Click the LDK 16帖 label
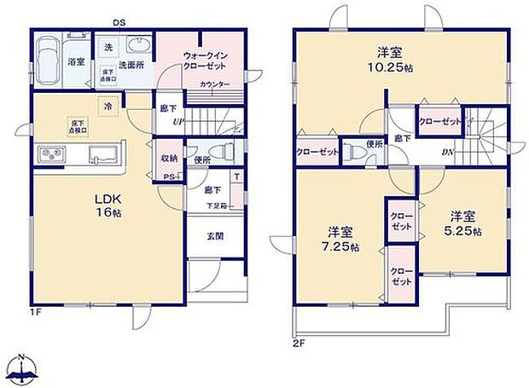tap(108, 206)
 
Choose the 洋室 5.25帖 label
tap(465, 223)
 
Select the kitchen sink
tap(103, 155)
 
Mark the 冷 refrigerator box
tap(108, 107)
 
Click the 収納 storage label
tap(169, 159)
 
